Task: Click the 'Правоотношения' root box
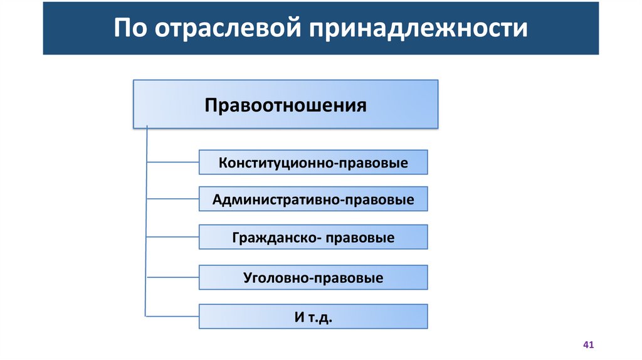point(285,104)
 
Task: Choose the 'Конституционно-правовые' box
point(313,162)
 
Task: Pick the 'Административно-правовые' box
point(313,199)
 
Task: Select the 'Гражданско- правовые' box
point(313,238)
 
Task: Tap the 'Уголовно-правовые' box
point(313,277)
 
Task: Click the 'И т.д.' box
point(313,317)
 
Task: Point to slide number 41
point(588,345)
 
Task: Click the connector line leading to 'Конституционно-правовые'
point(172,162)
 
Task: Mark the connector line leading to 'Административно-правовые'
point(172,199)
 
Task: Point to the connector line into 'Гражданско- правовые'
point(172,238)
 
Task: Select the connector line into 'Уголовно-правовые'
point(172,277)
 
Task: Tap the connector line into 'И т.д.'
point(172,315)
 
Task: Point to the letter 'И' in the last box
point(299,317)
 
